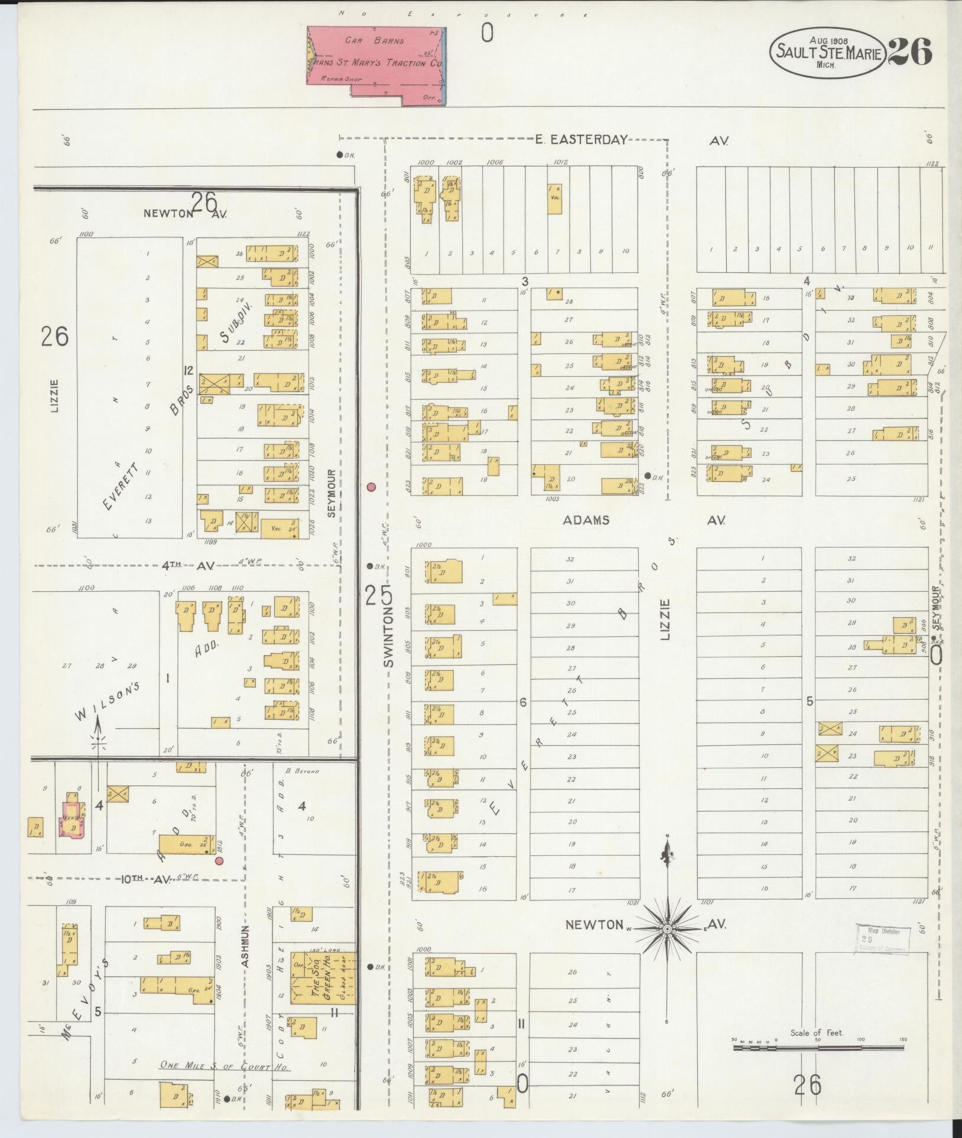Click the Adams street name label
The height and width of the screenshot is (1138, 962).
pos(586,520)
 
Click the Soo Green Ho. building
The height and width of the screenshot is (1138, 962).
pos(323,977)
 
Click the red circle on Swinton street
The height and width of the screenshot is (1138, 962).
pos(371,487)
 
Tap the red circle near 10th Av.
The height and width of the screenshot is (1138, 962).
pos(219,861)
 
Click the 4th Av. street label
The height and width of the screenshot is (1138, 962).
pos(188,566)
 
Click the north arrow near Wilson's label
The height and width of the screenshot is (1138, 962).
pos(98,732)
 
